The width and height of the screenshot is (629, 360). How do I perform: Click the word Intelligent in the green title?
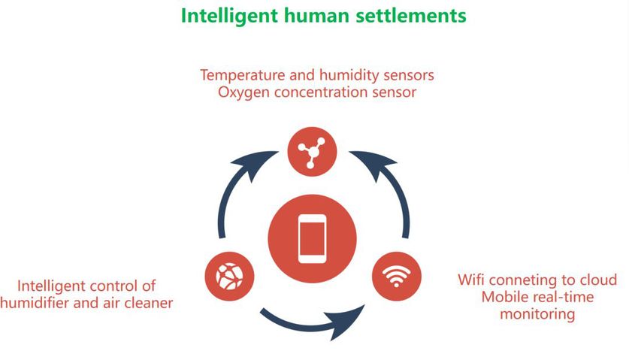coord(229,16)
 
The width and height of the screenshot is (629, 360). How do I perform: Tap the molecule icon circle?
coord(312,152)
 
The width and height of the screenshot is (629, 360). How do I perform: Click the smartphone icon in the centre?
coord(312,239)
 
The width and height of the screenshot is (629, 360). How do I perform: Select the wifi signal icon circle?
coord(396,276)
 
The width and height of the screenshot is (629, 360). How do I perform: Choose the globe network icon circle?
coord(229,276)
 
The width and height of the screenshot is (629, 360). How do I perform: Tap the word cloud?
coord(598,280)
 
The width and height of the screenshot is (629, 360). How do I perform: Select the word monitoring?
coord(537,313)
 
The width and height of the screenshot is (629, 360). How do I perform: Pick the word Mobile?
coord(504,297)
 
